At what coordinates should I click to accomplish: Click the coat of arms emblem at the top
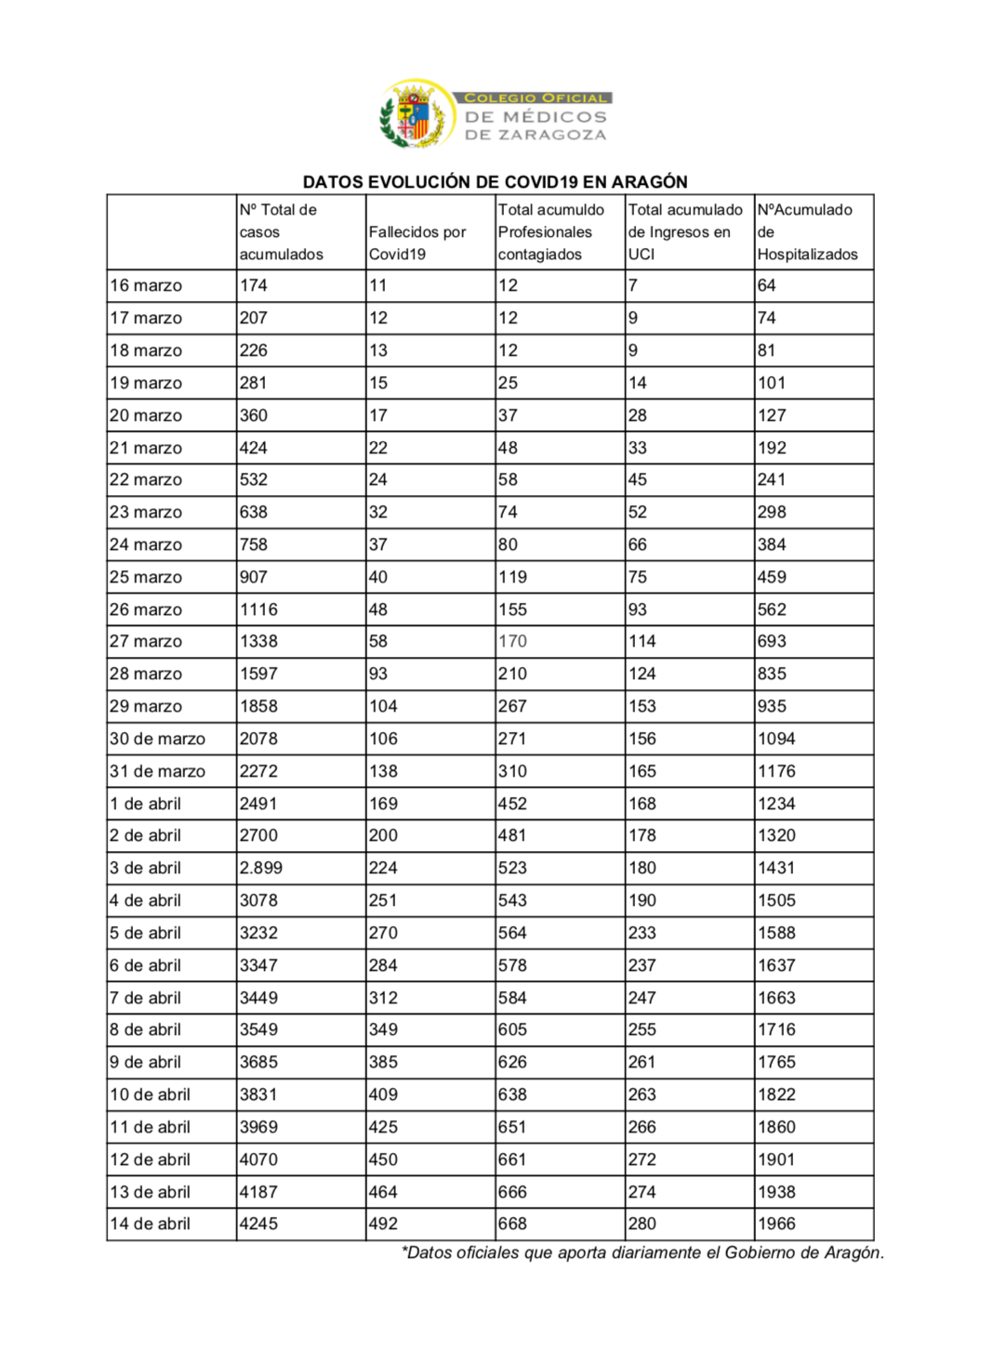coord(416,114)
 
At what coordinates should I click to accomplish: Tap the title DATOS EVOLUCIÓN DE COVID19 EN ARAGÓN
coord(495,182)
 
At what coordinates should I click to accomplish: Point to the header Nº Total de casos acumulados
coord(281,232)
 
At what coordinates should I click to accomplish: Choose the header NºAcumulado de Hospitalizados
coord(807,232)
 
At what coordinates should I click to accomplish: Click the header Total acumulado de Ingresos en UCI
coord(685,232)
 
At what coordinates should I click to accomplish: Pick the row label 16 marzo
coord(146,286)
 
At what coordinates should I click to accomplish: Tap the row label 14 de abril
coord(150,1224)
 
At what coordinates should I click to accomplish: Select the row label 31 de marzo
coord(157,771)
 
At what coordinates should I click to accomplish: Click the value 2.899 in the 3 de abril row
coord(261,868)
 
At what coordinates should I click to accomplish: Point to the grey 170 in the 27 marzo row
coord(512,641)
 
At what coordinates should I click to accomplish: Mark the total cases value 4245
coord(258,1224)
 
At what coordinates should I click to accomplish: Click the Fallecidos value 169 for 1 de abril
coord(383,804)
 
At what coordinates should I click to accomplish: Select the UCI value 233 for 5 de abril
coord(642,933)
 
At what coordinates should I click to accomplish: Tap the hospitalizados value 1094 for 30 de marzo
coord(776,739)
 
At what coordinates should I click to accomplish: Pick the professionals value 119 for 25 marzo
coord(512,577)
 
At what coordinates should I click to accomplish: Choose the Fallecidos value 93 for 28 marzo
coord(378,674)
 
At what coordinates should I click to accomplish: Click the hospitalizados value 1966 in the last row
coord(776,1224)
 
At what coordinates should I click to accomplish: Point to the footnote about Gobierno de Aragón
coord(642,1252)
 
